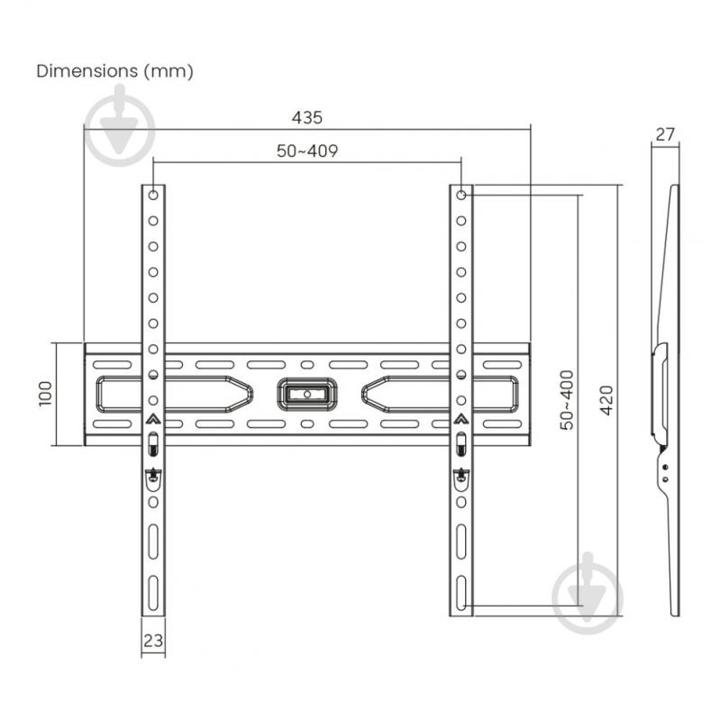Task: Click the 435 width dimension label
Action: tap(306, 118)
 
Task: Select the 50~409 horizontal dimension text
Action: tap(306, 151)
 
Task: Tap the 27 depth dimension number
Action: tap(664, 135)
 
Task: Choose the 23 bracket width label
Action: tap(153, 641)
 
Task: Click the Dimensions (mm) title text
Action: tap(114, 70)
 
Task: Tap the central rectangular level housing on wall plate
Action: tap(306, 393)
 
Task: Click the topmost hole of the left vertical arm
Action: tap(153, 195)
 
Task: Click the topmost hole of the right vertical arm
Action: tap(461, 195)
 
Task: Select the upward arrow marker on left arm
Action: tap(153, 418)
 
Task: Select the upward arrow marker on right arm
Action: tap(461, 418)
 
